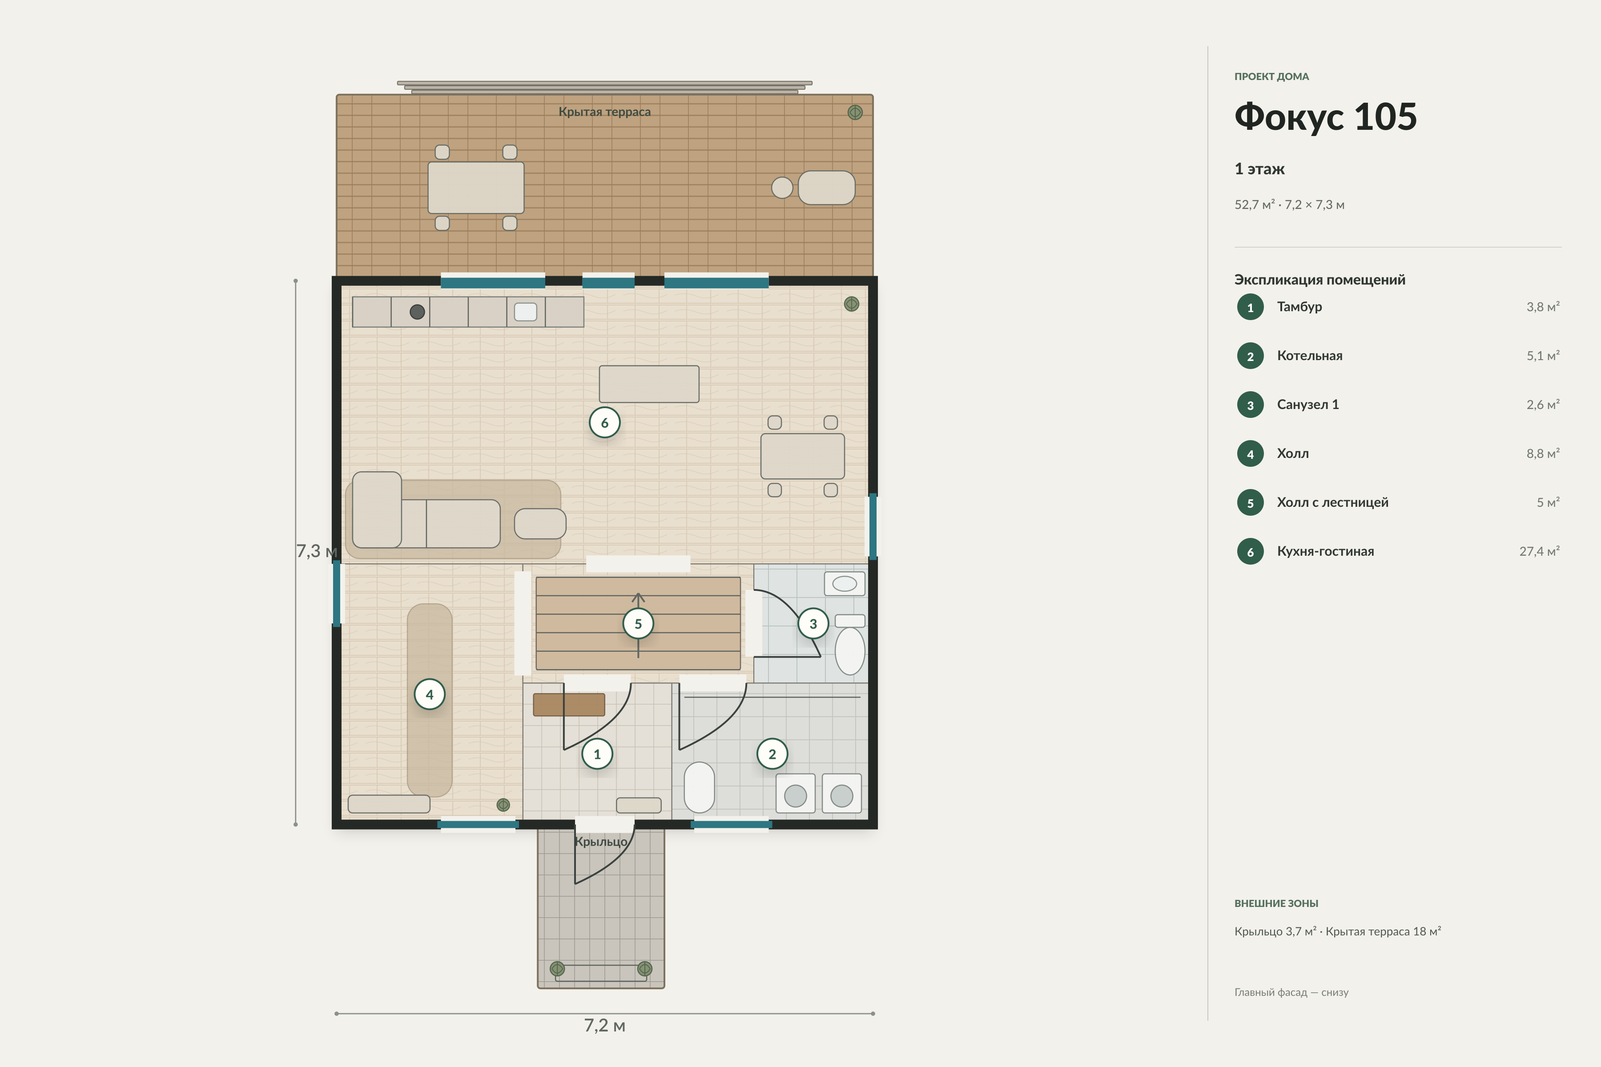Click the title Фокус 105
point(1325,117)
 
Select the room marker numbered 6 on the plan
point(604,423)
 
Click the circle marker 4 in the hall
point(430,694)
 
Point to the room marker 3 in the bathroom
point(813,623)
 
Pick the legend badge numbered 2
point(1250,356)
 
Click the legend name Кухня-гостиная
point(1325,551)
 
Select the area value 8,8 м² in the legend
point(1542,453)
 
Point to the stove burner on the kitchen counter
point(417,312)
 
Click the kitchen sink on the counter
point(526,312)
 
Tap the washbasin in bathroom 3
point(845,583)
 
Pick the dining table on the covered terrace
point(476,188)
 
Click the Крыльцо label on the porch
point(601,842)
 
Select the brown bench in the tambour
point(569,704)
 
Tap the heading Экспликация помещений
point(1319,280)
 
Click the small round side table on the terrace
point(782,188)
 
